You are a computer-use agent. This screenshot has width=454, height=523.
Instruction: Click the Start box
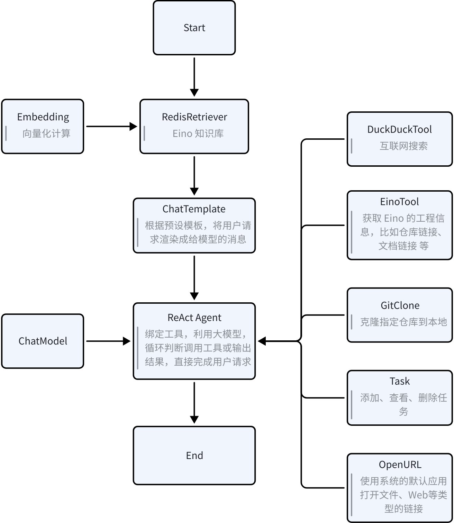click(194, 28)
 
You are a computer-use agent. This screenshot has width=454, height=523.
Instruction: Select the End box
click(194, 455)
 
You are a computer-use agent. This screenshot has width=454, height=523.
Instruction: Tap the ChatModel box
click(43, 341)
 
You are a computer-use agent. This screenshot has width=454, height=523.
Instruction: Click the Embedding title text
click(43, 117)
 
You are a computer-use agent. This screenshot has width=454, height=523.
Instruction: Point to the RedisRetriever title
click(194, 117)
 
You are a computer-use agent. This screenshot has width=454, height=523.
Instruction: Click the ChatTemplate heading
click(194, 209)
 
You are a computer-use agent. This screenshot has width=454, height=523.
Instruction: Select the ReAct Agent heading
click(194, 318)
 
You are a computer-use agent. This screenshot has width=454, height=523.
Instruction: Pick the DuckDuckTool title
click(399, 129)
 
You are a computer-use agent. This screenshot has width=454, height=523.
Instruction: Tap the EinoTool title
click(399, 202)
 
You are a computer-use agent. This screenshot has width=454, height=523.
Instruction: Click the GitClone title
click(400, 305)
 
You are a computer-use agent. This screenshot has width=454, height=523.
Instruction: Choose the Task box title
click(399, 381)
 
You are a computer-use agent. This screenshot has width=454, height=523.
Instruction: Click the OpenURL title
click(400, 465)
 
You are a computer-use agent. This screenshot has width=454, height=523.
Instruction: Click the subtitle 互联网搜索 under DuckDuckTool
click(403, 146)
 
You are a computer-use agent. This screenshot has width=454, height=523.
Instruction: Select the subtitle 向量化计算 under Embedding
click(46, 134)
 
